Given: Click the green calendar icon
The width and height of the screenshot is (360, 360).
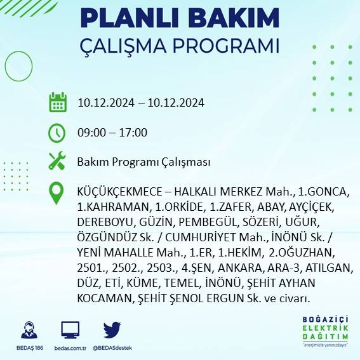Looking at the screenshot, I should pyautogui.click(x=57, y=102).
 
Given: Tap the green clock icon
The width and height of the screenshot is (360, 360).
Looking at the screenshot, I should pyautogui.click(x=57, y=132).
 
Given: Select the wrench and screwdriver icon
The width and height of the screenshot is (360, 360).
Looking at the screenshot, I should pyautogui.click(x=57, y=161).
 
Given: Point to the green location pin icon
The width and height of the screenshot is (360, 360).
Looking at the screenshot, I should pyautogui.click(x=57, y=193).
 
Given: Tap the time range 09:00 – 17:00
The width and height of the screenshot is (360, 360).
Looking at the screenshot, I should pyautogui.click(x=112, y=133).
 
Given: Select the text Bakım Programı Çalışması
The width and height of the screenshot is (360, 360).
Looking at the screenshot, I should pyautogui.click(x=143, y=162).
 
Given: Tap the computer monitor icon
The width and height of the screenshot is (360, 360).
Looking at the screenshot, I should pyautogui.click(x=70, y=330).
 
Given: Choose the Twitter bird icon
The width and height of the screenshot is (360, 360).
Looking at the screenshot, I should pyautogui.click(x=112, y=330).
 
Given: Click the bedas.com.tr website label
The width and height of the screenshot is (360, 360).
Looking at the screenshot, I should pyautogui.click(x=70, y=347).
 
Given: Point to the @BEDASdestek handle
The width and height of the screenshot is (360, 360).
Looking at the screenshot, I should pyautogui.click(x=112, y=347).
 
